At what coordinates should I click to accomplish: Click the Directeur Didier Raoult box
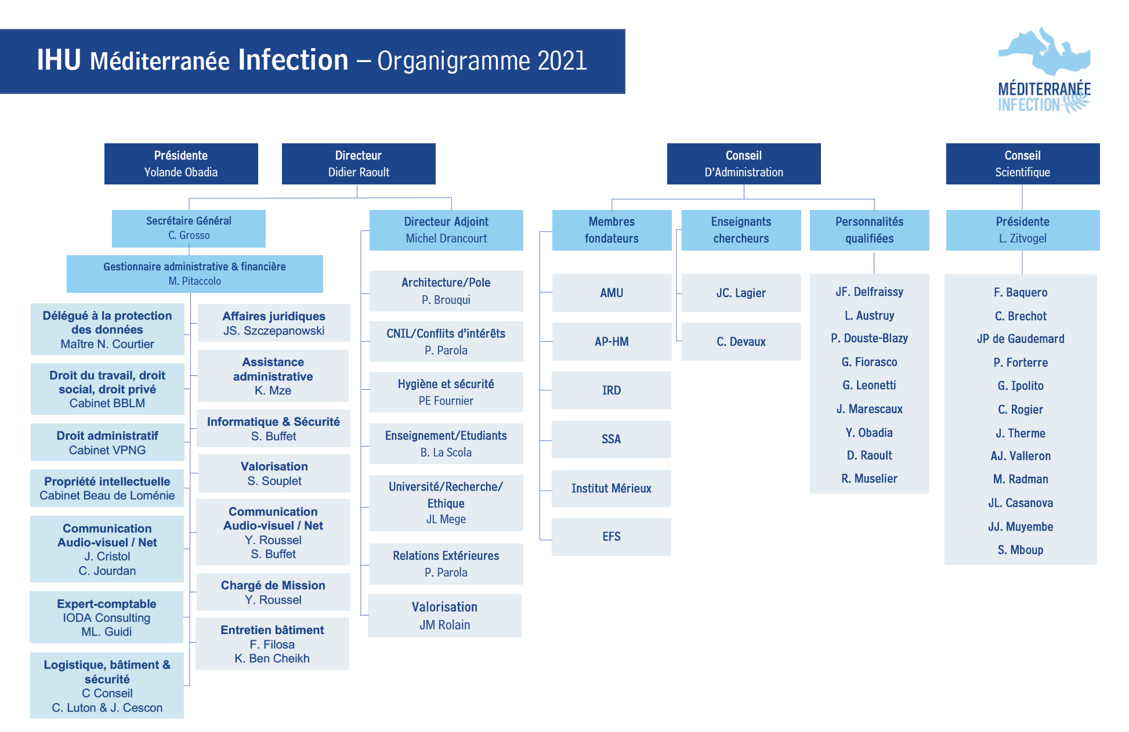click(x=359, y=164)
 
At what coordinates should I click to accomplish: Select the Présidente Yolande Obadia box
click(x=181, y=164)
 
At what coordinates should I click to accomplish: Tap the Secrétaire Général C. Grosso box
click(x=189, y=228)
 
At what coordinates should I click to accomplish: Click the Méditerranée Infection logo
click(x=1044, y=70)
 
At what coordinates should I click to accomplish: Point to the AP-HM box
click(x=611, y=342)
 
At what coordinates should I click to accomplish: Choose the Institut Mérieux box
click(x=611, y=488)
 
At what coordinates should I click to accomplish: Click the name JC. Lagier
click(x=741, y=293)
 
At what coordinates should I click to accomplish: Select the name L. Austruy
click(x=869, y=316)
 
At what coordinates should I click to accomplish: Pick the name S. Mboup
click(x=1021, y=550)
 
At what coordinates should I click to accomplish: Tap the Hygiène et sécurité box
click(x=446, y=392)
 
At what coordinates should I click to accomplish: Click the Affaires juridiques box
click(x=274, y=323)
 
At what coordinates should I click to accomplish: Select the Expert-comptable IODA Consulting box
click(x=107, y=617)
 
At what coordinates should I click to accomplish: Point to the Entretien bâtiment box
click(x=272, y=644)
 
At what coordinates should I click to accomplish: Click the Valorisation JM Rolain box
click(x=444, y=615)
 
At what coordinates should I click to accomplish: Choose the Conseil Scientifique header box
click(x=1022, y=164)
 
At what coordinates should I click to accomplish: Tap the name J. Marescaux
click(x=869, y=409)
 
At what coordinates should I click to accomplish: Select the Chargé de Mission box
click(x=273, y=592)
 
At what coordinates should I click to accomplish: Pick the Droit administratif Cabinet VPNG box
click(x=107, y=443)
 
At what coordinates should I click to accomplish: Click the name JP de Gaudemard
click(x=1021, y=339)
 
